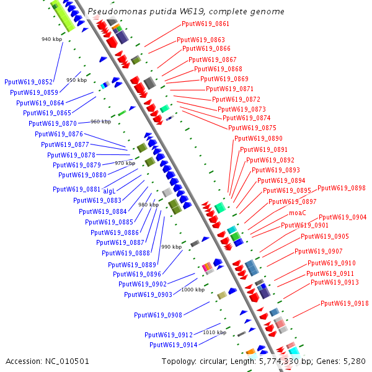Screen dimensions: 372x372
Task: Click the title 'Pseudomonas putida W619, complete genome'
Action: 186,12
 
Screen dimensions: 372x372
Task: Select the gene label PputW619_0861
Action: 205,24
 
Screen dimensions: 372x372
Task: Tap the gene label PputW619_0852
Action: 29,82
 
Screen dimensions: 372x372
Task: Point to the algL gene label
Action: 109,191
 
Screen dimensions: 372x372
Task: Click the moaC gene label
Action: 298,213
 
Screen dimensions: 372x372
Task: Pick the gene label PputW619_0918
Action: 344,303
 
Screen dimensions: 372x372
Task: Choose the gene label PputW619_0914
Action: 173,345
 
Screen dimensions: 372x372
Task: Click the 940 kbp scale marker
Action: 52,39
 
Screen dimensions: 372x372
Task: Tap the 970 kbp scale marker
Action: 125,163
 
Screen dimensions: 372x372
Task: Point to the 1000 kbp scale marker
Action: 193,290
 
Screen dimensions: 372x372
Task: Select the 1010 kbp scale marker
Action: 214,332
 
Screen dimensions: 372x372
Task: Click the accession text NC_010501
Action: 48,361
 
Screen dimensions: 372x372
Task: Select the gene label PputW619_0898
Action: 342,188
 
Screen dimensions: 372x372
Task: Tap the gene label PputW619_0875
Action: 252,128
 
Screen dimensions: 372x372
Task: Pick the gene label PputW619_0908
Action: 158,315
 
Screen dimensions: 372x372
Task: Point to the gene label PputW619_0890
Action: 258,138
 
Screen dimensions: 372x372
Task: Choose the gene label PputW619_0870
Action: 53,123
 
